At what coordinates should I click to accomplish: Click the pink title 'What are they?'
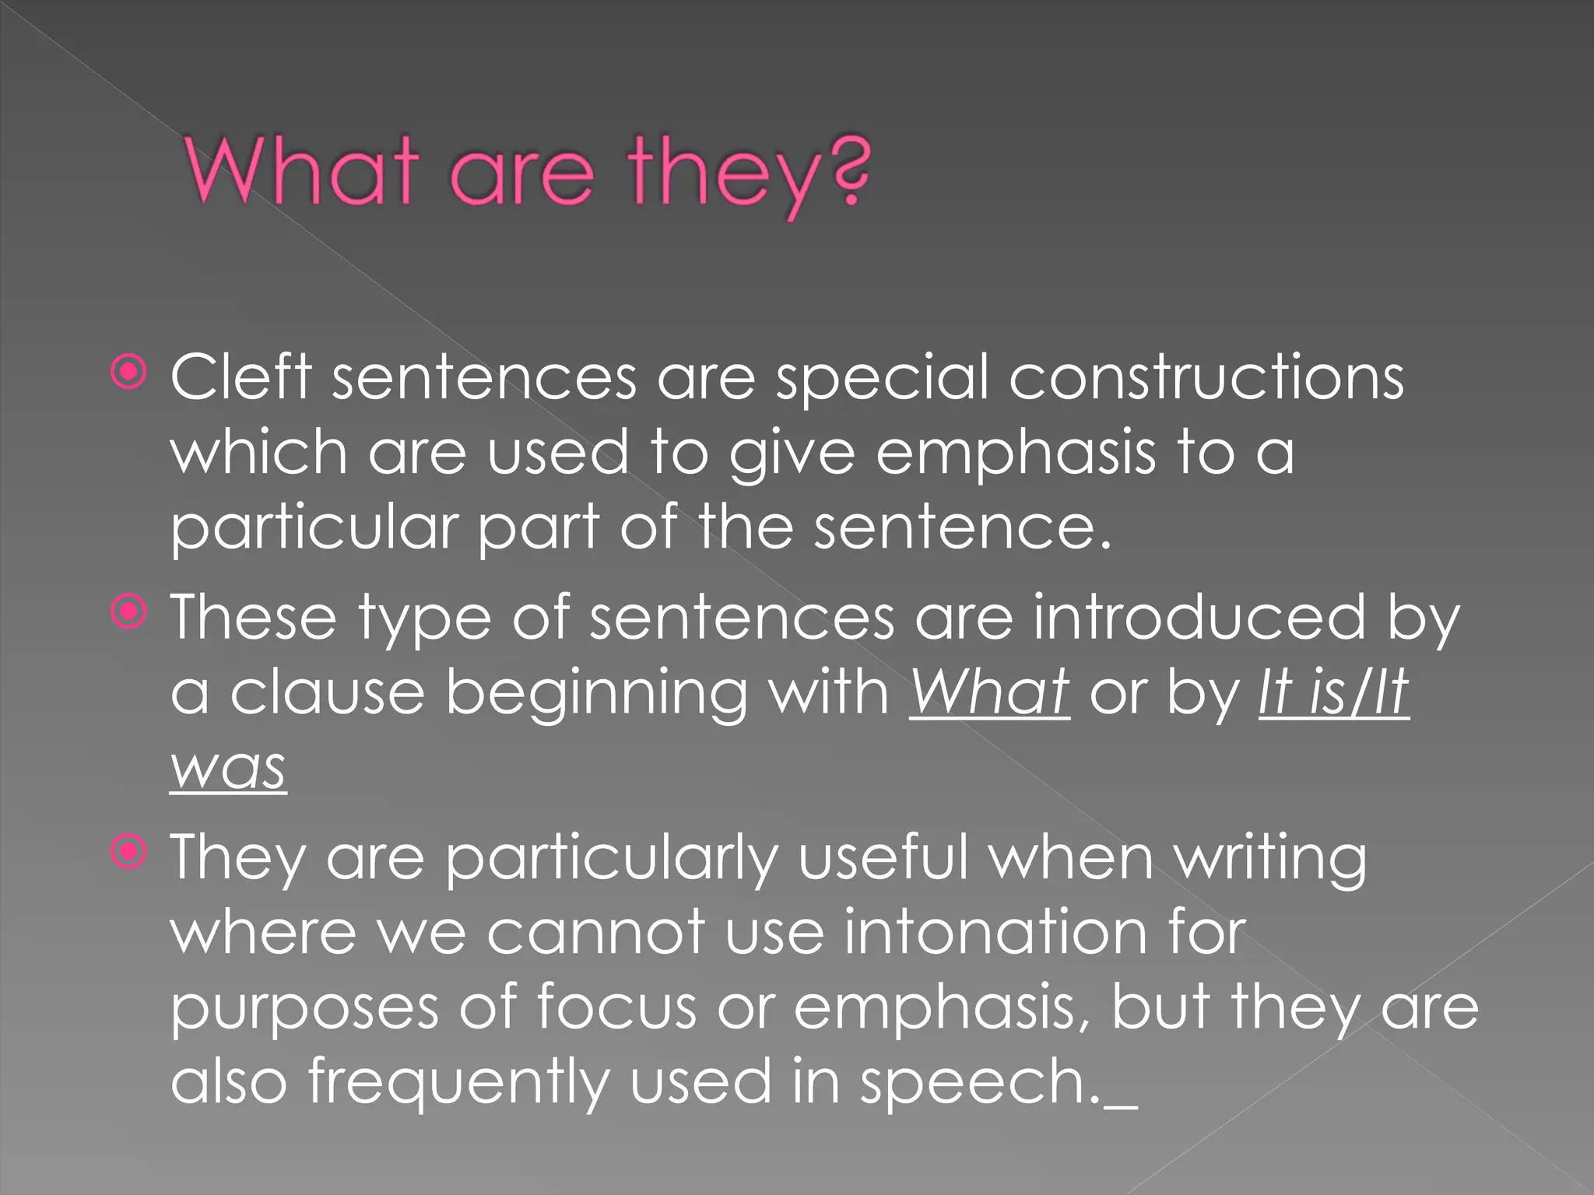click(528, 173)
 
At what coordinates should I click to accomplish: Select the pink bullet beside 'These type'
click(128, 613)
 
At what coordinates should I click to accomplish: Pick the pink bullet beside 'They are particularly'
click(128, 853)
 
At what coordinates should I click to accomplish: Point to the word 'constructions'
click(1206, 377)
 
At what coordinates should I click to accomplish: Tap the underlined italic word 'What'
click(989, 692)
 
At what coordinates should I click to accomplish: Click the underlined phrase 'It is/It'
click(1333, 692)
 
